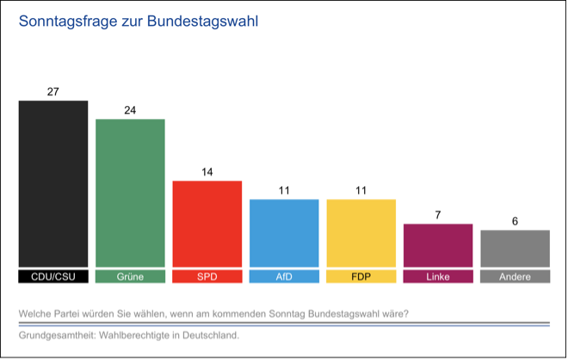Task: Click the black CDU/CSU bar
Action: [53, 183]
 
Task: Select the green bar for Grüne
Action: [130, 193]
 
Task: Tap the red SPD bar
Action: [207, 224]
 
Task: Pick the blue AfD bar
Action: [284, 233]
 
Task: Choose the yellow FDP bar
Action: [361, 233]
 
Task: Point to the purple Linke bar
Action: [438, 245]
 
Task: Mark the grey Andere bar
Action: [515, 248]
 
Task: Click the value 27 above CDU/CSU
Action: [53, 91]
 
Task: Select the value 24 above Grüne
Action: [130, 109]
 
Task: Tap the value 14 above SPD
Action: [207, 171]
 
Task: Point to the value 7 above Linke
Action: [438, 214]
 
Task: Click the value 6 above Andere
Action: [515, 220]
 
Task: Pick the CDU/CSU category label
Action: [53, 277]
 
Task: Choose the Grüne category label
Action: [130, 277]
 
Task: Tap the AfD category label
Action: [284, 277]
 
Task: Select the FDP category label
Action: [361, 277]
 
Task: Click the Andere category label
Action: [515, 277]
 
